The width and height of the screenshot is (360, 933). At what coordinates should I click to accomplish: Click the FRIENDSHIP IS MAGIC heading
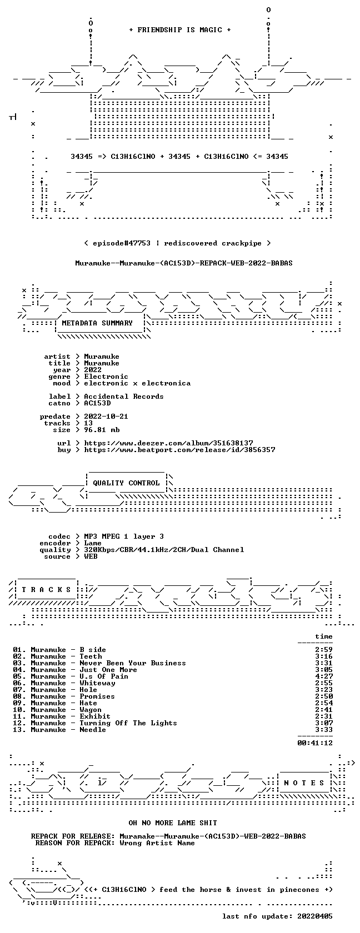click(180, 30)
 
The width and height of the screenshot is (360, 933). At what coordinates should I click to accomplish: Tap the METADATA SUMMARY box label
click(97, 323)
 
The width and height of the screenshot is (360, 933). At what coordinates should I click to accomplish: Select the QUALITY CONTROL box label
click(126, 483)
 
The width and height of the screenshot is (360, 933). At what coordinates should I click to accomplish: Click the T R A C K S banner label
click(46, 590)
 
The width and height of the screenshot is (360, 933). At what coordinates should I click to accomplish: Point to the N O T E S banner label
click(304, 783)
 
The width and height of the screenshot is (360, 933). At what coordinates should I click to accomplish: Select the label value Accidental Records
click(124, 397)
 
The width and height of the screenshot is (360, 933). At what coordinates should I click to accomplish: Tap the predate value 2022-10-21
click(106, 417)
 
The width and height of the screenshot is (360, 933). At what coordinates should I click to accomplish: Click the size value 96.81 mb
click(102, 430)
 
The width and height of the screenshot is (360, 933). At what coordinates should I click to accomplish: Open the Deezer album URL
click(168, 443)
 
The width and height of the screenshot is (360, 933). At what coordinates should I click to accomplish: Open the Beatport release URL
click(179, 450)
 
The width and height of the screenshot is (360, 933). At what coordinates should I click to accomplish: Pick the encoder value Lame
click(92, 543)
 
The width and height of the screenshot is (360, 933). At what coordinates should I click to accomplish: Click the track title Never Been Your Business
click(132, 663)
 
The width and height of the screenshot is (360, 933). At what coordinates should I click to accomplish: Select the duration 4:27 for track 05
click(324, 676)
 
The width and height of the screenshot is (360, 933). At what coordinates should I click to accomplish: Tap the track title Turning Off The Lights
click(128, 723)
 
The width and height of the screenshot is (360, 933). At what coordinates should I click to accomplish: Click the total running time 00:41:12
click(315, 743)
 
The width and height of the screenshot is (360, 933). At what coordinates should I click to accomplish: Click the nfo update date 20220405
click(315, 916)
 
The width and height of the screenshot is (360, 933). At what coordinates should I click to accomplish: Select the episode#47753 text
click(122, 243)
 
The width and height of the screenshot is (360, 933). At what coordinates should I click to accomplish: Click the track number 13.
click(19, 730)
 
